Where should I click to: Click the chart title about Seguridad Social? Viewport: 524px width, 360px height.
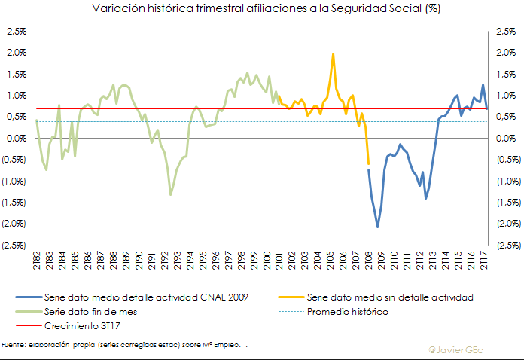(x=261, y=9)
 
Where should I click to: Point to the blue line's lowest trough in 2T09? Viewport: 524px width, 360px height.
(x=377, y=227)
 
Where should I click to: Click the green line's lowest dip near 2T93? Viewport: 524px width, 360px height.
(x=170, y=195)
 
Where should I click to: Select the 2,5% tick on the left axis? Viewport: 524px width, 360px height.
(x=16, y=32)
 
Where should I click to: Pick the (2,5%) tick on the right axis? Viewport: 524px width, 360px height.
(x=507, y=245)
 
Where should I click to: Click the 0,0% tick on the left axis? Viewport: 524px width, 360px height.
(x=16, y=139)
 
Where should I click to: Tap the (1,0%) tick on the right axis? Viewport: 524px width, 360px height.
(x=507, y=182)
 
